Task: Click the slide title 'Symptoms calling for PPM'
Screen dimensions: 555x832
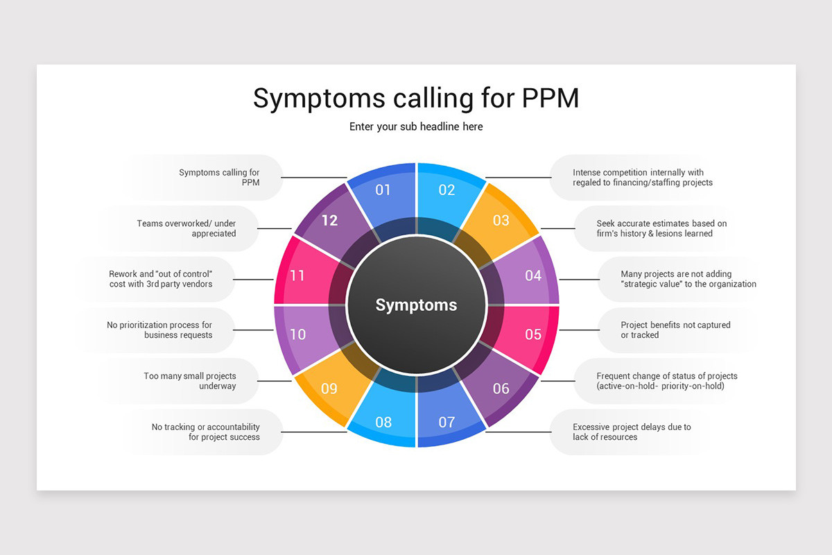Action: pyautogui.click(x=415, y=99)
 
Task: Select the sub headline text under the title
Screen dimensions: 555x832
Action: pyautogui.click(x=416, y=126)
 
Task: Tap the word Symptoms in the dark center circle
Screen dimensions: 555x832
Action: pyautogui.click(x=416, y=305)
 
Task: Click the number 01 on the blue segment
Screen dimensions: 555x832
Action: pyautogui.click(x=383, y=189)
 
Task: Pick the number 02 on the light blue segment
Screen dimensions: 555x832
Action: pyautogui.click(x=447, y=189)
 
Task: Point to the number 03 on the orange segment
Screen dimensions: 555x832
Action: pyautogui.click(x=501, y=221)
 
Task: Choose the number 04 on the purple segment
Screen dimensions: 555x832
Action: pyautogui.click(x=532, y=275)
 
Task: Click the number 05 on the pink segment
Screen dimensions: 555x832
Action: pyautogui.click(x=532, y=334)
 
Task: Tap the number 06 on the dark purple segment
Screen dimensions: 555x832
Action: pyautogui.click(x=501, y=388)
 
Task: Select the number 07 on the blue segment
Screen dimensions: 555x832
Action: pyautogui.click(x=447, y=421)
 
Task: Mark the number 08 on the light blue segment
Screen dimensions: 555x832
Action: pyautogui.click(x=383, y=421)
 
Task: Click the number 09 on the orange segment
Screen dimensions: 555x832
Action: pyautogui.click(x=329, y=388)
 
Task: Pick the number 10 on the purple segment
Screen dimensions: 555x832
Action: pyautogui.click(x=297, y=334)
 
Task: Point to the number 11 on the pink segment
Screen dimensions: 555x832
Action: pyautogui.click(x=297, y=275)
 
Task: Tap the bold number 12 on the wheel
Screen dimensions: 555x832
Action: pyautogui.click(x=329, y=221)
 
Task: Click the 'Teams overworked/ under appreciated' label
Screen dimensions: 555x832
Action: pyautogui.click(x=187, y=228)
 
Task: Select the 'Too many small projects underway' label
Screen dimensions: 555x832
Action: pyautogui.click(x=190, y=381)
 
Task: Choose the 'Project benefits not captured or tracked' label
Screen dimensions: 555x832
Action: pyautogui.click(x=675, y=330)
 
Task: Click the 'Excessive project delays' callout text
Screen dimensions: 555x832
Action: pyautogui.click(x=631, y=432)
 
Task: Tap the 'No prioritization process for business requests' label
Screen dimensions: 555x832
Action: pyautogui.click(x=159, y=330)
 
